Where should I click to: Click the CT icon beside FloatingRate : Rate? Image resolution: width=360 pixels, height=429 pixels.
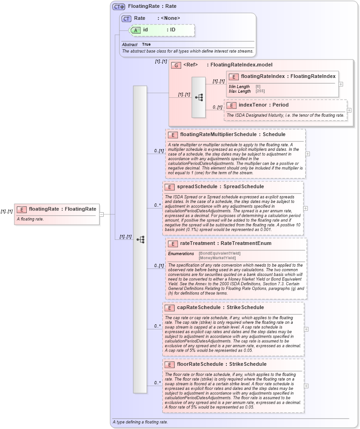tap(119, 6)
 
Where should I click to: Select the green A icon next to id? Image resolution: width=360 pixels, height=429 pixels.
tap(135, 30)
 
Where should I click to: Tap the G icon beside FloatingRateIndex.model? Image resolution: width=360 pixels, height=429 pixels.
tap(176, 65)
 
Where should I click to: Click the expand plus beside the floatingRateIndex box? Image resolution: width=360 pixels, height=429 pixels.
tap(341, 84)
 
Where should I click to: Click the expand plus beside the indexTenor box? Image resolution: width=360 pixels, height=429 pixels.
tap(349, 110)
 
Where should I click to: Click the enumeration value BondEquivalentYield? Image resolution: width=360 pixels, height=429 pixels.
tap(219, 253)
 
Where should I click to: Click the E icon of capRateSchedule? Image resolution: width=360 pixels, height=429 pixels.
tap(169, 308)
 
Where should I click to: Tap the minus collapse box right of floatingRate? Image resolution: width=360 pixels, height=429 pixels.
tap(101, 214)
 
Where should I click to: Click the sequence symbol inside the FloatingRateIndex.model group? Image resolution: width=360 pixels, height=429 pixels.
tap(199, 97)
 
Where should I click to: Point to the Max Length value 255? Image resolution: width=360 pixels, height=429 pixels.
tap(260, 91)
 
